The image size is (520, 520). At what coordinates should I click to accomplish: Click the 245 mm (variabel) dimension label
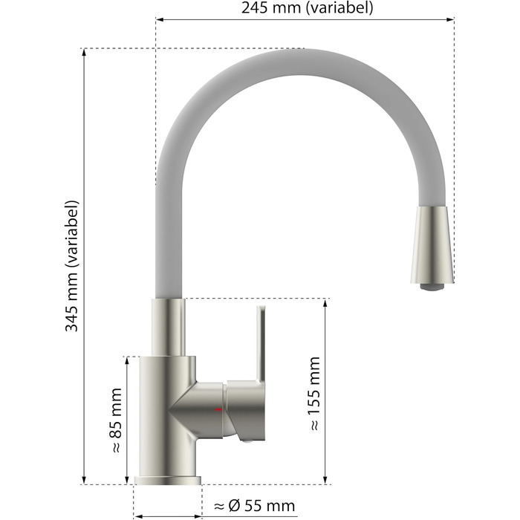point(307,7)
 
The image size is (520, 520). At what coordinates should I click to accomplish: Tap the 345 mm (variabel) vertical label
point(71,266)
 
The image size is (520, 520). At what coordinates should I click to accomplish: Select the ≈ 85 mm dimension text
point(116,420)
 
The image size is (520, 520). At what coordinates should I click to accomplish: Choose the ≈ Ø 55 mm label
point(254,506)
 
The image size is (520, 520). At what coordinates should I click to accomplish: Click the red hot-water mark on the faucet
point(218,409)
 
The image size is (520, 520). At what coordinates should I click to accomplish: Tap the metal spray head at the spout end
point(432,245)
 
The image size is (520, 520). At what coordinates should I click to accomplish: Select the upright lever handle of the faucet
point(261,345)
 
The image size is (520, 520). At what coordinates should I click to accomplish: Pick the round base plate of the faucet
point(167,480)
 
